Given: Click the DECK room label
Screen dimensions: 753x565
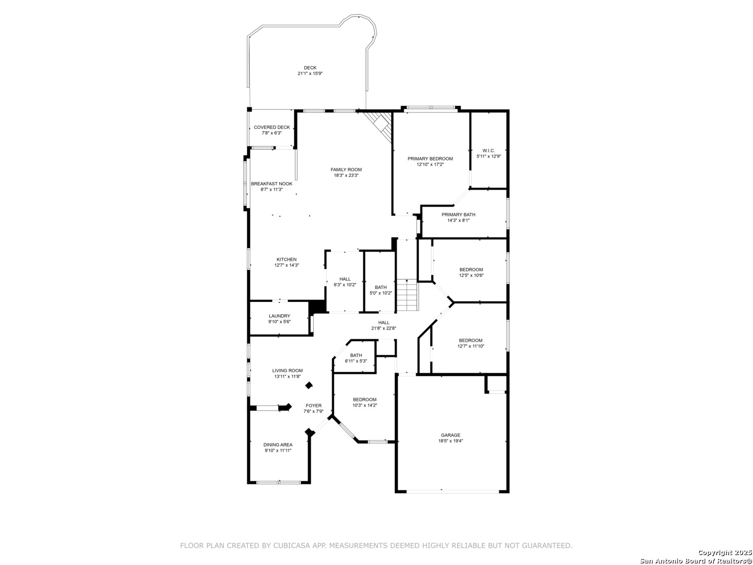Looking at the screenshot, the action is click(310, 68).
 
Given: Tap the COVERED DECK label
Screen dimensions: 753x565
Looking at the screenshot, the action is click(272, 127).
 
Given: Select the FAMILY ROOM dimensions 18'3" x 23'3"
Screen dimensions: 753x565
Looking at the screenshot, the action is click(346, 175).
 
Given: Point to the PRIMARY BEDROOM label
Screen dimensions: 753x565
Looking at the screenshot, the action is click(430, 159).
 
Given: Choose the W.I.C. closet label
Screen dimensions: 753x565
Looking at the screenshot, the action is click(488, 151).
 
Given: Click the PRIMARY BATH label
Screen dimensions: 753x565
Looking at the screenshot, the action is click(458, 214).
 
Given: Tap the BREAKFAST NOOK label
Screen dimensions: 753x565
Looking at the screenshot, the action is click(271, 184).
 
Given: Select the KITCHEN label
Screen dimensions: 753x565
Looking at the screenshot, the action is click(287, 259).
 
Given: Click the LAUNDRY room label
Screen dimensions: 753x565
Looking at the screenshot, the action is click(279, 316).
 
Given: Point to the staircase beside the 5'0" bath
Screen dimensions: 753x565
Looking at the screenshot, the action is click(407, 295).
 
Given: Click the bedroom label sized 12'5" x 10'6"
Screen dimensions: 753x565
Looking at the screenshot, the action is click(471, 269).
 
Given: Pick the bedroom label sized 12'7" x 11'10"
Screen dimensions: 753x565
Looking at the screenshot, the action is click(470, 341).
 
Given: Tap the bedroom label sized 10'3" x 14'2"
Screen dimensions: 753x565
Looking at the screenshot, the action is click(364, 400).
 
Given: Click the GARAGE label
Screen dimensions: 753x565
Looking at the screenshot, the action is click(450, 435).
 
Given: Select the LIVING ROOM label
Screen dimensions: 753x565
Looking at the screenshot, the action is click(288, 370).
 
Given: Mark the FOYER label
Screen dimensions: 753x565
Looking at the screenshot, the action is click(314, 405).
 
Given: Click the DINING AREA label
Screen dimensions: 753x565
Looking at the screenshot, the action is click(278, 445).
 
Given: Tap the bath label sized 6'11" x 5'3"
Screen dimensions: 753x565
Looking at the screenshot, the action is click(356, 355).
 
